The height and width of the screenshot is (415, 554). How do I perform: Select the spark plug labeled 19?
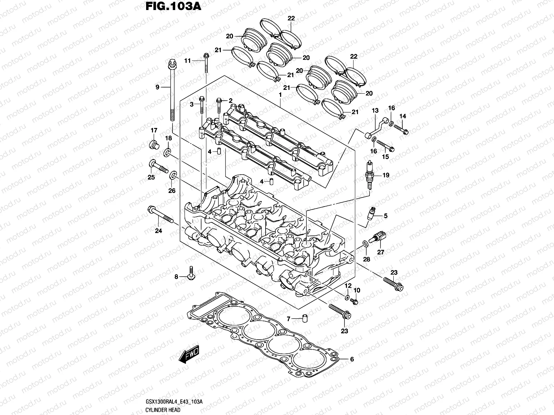[x=369, y=175]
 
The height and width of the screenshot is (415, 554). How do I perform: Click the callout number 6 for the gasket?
[x=352, y=359]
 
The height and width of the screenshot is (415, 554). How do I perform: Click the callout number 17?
[x=154, y=130]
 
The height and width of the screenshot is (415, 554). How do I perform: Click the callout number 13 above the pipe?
[x=375, y=111]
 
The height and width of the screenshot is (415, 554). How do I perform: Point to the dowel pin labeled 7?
[x=305, y=319]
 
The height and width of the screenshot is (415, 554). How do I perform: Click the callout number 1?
[x=280, y=94]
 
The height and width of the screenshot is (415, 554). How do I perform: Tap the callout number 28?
[x=366, y=259]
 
